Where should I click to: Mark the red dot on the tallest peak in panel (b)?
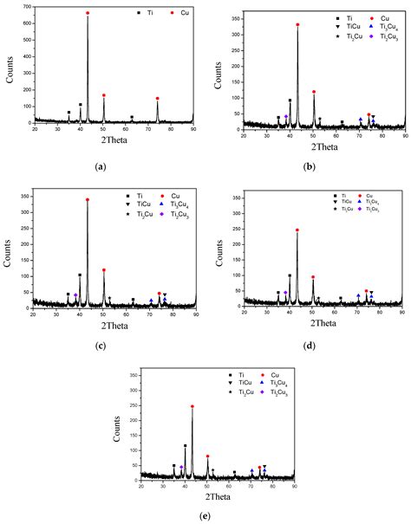point(297,25)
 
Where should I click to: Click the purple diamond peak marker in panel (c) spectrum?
point(75,295)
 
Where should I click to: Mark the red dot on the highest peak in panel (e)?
point(192,406)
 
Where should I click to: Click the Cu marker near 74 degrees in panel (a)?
point(157,99)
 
